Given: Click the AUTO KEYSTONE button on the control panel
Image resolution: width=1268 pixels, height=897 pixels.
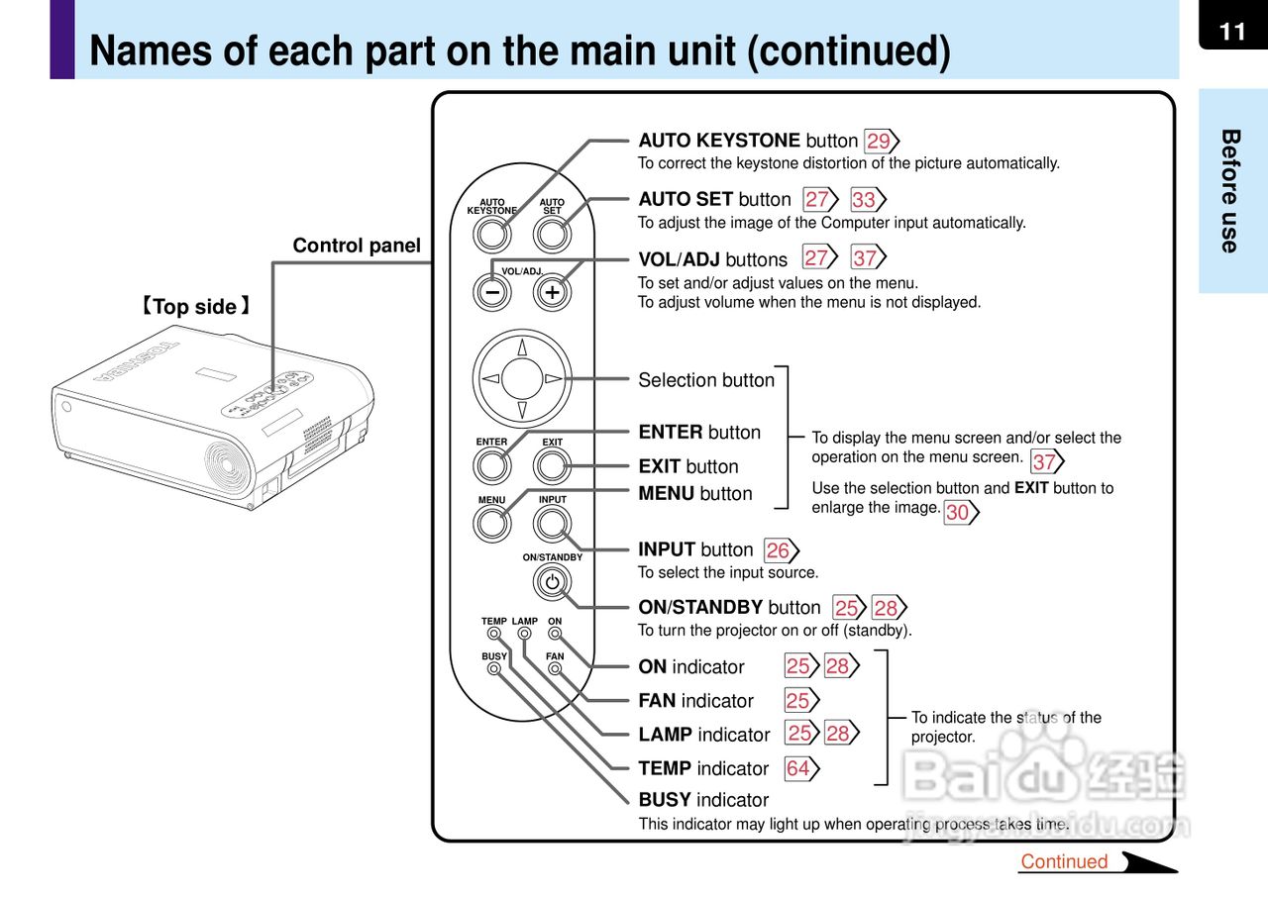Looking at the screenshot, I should coord(492,235).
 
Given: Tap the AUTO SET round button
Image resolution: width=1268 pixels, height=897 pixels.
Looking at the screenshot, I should coord(552,235).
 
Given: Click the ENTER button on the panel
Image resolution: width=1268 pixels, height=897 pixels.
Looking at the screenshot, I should coord(492,464).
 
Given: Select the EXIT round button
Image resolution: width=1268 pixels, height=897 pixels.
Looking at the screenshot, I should coord(552,464).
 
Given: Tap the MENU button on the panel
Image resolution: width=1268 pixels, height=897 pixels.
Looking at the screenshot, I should coord(492,523).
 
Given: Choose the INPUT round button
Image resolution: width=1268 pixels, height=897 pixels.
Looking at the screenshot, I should coord(552,523).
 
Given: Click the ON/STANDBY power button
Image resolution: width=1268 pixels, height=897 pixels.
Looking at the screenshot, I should coord(552,582).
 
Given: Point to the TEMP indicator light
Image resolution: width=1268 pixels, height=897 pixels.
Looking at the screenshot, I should coord(492,635).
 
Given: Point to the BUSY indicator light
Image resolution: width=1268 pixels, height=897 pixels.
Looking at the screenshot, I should coord(493,669).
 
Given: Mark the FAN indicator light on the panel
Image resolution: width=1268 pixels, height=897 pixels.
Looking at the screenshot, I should coord(555,669).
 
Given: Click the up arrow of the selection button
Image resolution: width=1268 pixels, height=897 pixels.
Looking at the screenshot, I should coord(522,347).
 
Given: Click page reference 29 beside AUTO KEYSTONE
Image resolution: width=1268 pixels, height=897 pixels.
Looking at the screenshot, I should coord(880,142).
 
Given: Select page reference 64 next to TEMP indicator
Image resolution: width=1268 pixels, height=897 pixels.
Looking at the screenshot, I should coord(799,768).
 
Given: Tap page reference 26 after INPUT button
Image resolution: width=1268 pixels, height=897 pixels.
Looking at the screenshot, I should coord(780,550).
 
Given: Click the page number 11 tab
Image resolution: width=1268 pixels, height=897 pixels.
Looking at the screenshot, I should coord(1232,31).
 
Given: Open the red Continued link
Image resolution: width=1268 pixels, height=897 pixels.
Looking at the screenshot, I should coord(1064,861).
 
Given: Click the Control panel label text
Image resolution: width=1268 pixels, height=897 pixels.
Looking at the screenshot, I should coord(356,246).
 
